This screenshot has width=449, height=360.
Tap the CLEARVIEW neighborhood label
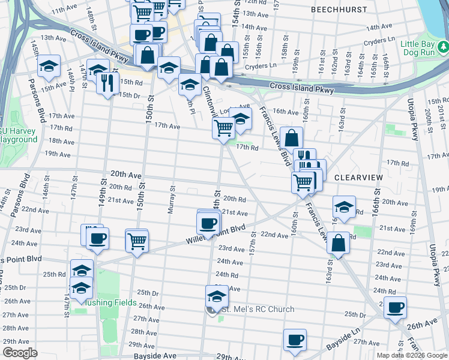[358, 178]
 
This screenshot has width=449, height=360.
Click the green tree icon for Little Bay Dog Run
[442, 45]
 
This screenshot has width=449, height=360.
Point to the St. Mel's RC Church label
[258, 310]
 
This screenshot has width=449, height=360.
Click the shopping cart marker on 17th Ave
[223, 127]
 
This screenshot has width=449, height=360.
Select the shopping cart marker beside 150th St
[137, 241]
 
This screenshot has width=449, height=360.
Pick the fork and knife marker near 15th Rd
[108, 82]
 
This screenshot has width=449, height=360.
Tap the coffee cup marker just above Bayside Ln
[294, 340]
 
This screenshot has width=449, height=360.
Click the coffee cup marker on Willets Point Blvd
[209, 224]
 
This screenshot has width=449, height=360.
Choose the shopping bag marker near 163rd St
[339, 244]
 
